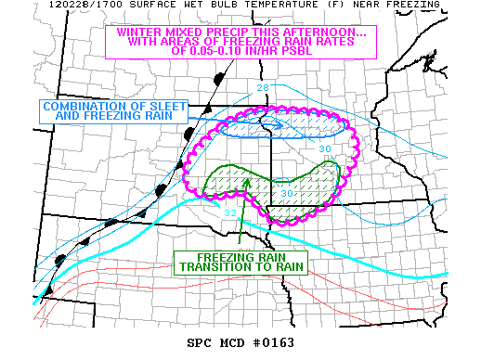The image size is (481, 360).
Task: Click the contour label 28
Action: point(263,88)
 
